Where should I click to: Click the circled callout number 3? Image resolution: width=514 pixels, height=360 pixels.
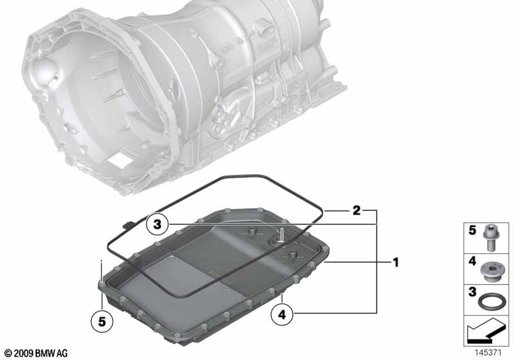[157, 224]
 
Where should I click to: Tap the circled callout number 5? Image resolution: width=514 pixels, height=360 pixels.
[102, 321]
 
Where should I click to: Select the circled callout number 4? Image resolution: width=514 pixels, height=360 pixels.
[282, 314]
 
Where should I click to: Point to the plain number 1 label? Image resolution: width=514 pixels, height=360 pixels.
[396, 262]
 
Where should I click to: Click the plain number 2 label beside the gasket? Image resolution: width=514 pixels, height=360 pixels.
[357, 210]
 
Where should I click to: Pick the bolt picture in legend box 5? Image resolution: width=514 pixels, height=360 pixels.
[490, 238]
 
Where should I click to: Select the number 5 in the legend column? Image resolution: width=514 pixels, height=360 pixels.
[472, 230]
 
